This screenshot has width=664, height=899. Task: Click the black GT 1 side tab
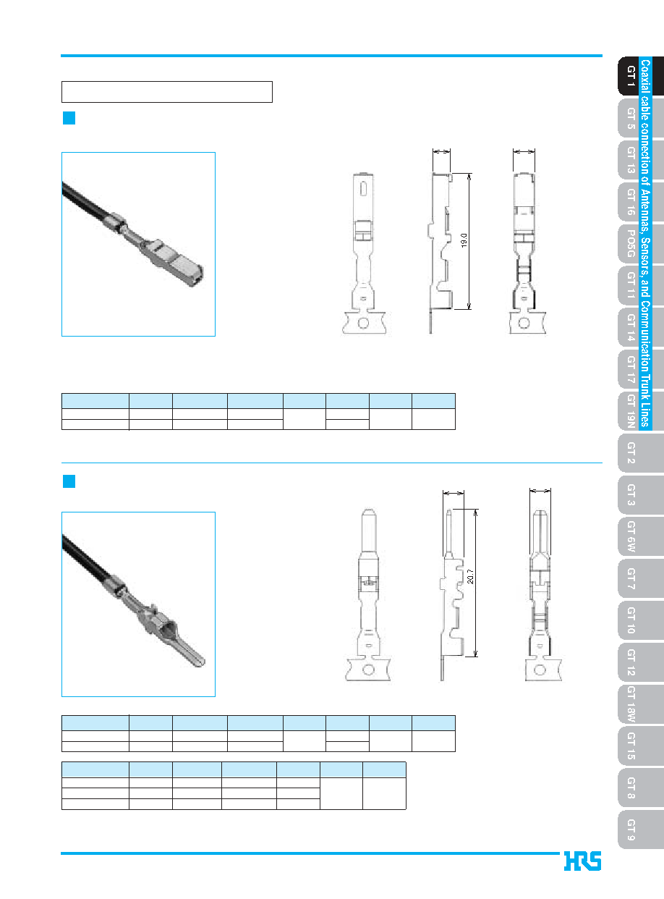tap(629, 76)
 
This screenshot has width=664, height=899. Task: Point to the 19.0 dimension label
tap(464, 240)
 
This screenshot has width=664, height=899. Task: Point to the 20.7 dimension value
tap(470, 576)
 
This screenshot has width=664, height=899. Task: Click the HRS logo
tap(582, 861)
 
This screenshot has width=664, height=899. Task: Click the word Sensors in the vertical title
tap(645, 256)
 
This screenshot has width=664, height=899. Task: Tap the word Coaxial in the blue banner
tap(645, 76)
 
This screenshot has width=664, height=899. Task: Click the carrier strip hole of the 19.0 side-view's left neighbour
tap(363, 324)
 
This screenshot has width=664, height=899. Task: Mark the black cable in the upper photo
tap(86, 202)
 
